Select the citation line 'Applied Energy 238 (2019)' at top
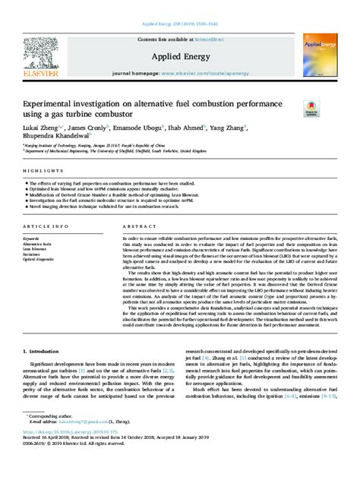coord(179,15)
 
